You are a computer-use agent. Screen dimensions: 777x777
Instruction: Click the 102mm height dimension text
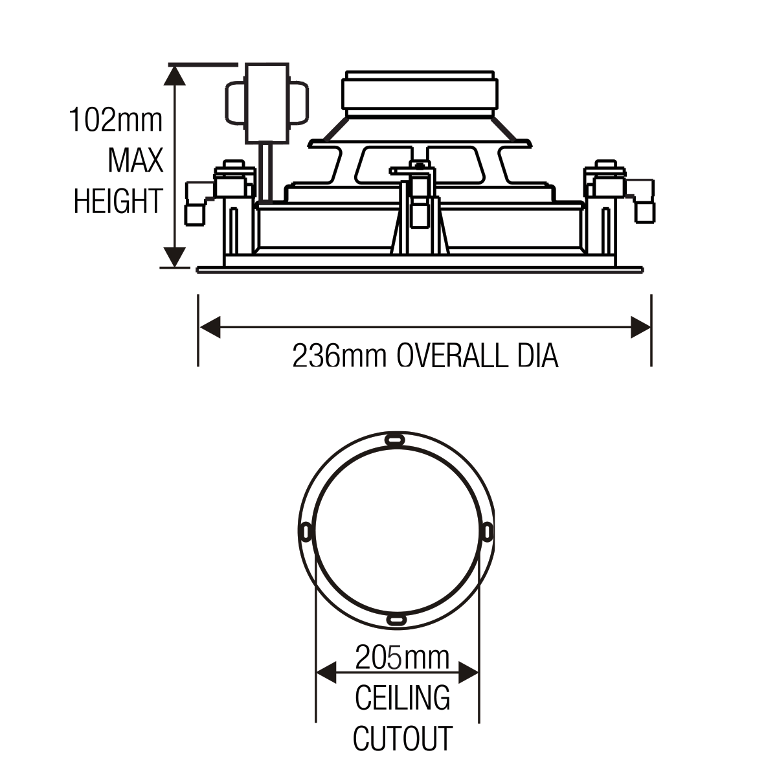point(116,120)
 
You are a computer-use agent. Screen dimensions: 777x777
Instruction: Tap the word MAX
point(135,161)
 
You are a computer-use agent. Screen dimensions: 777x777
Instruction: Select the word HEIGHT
point(118,201)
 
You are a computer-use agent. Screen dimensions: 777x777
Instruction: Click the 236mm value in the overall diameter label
point(339,355)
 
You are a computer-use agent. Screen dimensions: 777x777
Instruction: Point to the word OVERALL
point(452,355)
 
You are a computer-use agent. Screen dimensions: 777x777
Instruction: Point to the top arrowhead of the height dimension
point(174,75)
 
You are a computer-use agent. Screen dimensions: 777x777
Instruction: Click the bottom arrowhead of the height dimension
point(174,257)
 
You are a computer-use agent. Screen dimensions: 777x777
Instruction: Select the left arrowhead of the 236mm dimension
point(210,327)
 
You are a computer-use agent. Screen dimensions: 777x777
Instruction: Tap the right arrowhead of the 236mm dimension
point(641,327)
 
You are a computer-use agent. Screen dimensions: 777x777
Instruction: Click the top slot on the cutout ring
point(395,439)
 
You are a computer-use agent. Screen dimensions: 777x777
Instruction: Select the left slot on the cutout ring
point(306,531)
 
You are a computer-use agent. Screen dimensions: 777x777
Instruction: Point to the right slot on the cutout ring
point(488,532)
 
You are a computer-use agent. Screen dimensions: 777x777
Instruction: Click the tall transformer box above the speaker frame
point(267,103)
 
